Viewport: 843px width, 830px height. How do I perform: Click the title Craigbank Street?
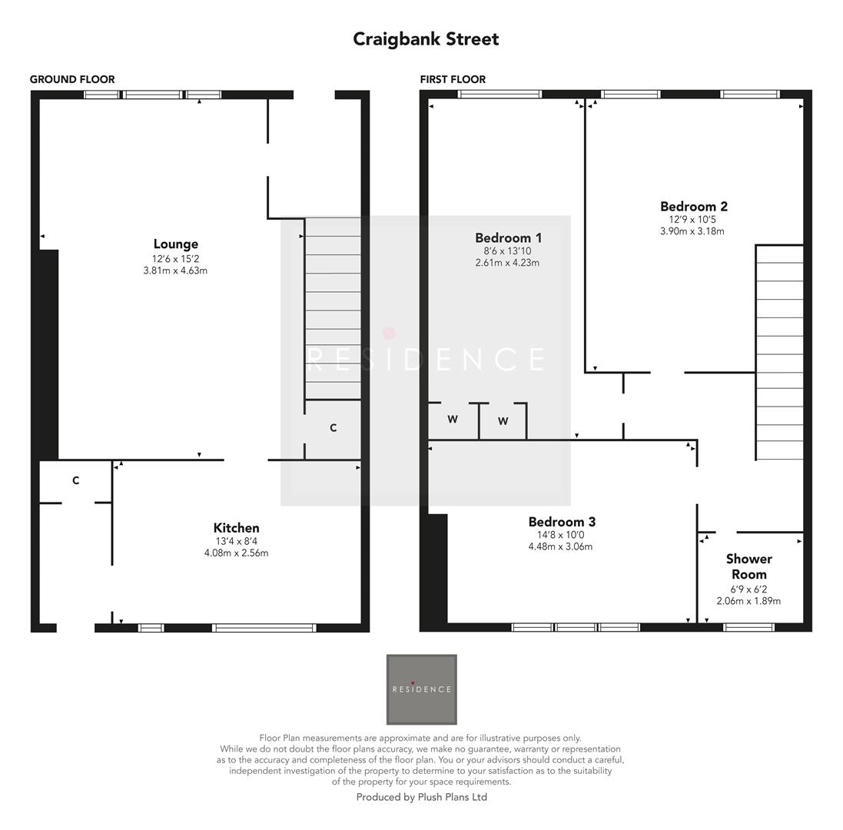click(426, 39)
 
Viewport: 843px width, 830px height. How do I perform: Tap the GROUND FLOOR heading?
click(72, 79)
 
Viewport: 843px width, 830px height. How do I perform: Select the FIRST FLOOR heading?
click(453, 79)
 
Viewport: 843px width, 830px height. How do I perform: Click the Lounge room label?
click(175, 244)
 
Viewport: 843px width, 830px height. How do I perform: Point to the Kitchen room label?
click(236, 528)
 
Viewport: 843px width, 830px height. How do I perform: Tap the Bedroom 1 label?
click(508, 237)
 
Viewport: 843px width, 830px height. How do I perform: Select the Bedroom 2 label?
click(693, 206)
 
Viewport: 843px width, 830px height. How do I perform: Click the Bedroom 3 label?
click(561, 522)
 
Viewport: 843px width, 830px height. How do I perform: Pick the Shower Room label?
click(748, 566)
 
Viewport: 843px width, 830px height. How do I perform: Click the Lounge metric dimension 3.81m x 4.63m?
click(175, 271)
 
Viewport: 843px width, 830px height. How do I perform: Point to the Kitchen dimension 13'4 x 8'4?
click(236, 541)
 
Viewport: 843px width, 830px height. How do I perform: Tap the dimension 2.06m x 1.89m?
click(748, 601)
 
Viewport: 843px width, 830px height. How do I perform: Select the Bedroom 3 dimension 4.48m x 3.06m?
click(560, 546)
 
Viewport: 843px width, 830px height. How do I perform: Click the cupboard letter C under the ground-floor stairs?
click(333, 428)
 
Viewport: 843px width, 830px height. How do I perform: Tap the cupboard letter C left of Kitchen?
click(75, 481)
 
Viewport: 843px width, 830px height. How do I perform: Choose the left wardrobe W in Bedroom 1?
click(453, 420)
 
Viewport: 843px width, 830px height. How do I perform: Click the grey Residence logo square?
click(421, 689)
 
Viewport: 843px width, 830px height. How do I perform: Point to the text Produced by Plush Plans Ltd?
click(421, 797)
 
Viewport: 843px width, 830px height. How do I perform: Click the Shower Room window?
click(749, 627)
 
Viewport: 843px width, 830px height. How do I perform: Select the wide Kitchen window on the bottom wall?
click(264, 628)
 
